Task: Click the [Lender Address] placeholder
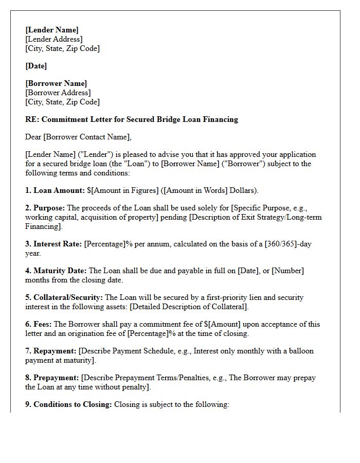pos(53,39)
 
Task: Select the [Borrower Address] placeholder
pos(58,93)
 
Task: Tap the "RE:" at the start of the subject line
pos(32,119)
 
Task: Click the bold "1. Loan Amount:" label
pos(55,190)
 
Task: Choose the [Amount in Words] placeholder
pos(196,190)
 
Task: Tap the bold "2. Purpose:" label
pos(45,208)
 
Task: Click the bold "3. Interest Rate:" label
pos(53,244)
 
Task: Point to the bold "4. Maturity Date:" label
pos(56,271)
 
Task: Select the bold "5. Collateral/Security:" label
pos(64,297)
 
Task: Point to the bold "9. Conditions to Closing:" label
pos(68,404)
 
